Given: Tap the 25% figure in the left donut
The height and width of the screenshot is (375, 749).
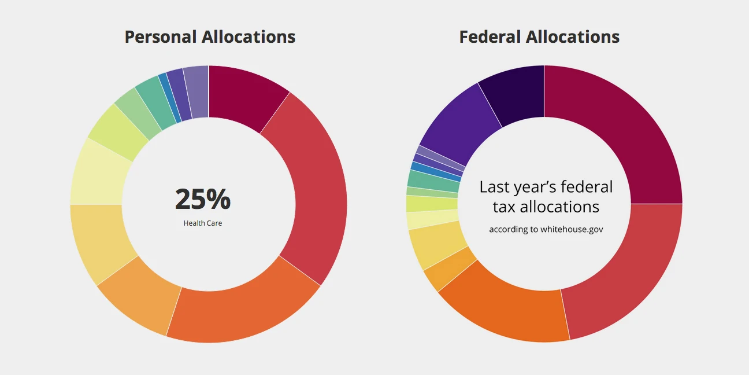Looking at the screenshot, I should point(203,199).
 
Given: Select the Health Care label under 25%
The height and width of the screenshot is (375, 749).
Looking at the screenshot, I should point(203,223).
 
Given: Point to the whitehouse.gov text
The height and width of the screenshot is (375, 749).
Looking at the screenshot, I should point(572,229).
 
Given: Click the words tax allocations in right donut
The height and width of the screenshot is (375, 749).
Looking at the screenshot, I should point(546,207).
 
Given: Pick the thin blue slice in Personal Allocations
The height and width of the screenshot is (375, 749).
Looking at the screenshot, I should point(169,98).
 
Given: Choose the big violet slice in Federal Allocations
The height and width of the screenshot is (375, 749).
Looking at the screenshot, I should point(459,124).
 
